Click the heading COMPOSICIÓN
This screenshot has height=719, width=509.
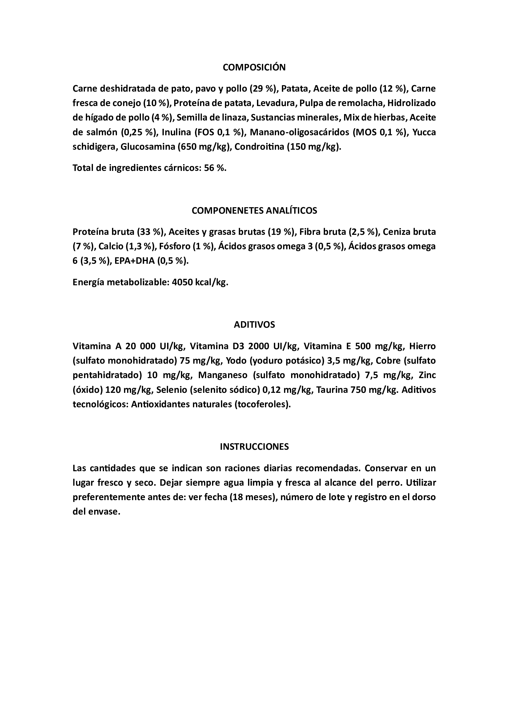point(254,67)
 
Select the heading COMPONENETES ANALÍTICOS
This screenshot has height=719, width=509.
point(254,211)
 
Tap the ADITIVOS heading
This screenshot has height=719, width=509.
point(254,325)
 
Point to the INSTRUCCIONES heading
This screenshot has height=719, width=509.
point(254,447)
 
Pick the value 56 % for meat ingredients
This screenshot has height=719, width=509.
point(215,168)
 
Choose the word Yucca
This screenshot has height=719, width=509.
point(424,132)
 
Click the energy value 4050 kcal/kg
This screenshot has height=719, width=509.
point(200,282)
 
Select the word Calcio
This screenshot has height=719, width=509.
point(111,247)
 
